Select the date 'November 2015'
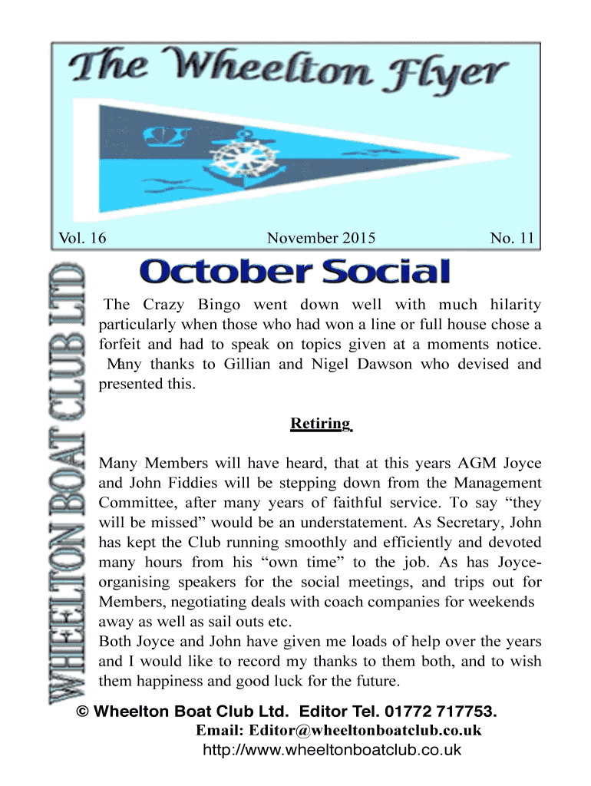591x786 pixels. (321, 238)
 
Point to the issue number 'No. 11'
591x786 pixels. (511, 238)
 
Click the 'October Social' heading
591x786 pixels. (295, 272)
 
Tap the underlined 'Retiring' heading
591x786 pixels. (320, 424)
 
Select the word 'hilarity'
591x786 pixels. (513, 305)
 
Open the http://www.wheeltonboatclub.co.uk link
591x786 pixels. (332, 750)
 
